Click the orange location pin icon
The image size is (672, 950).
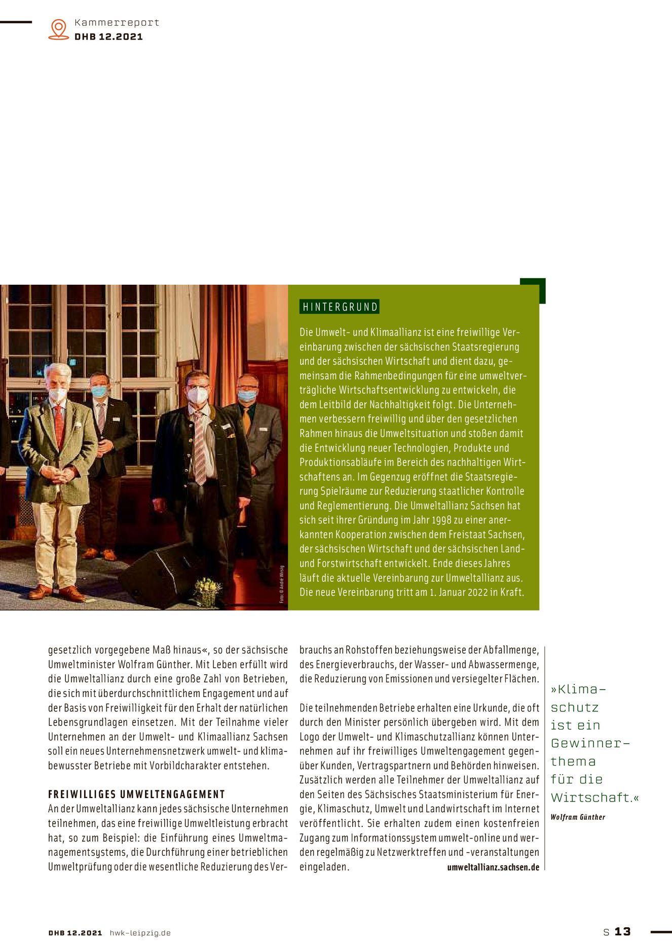pyautogui.click(x=59, y=29)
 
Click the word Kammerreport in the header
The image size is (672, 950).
pyautogui.click(x=117, y=22)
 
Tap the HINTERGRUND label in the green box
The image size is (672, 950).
pyautogui.click(x=340, y=307)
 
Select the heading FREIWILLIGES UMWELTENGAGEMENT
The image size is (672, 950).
pyautogui.click(x=136, y=794)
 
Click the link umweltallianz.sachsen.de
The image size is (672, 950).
pyautogui.click(x=493, y=867)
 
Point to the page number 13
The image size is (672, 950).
pyautogui.click(x=622, y=931)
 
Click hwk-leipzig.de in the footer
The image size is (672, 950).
pyautogui.click(x=140, y=933)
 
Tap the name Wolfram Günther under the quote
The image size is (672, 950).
pyautogui.click(x=578, y=817)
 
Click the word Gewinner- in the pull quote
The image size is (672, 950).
pyautogui.click(x=590, y=743)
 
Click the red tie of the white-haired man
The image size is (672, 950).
pyautogui.click(x=59, y=426)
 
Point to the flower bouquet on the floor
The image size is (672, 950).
pyautogui.click(x=208, y=590)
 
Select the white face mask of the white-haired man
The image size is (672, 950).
pyautogui.click(x=57, y=394)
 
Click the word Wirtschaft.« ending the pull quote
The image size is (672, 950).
pyautogui.click(x=594, y=797)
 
